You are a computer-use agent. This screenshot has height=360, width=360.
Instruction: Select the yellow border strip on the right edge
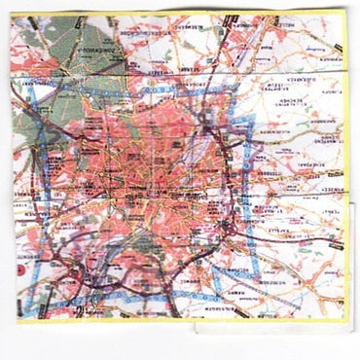pos(342,146)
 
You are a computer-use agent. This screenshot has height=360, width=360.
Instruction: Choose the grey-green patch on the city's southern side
pos(136,258)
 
